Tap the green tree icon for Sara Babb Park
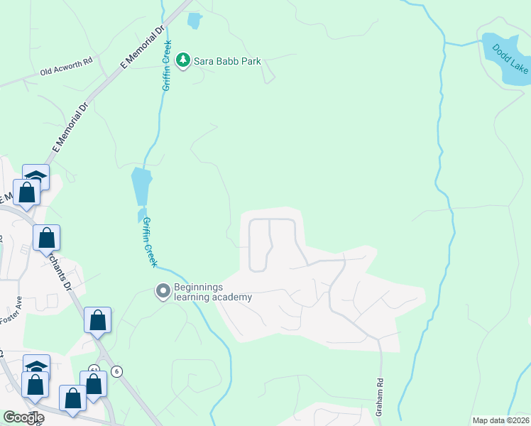tap(183, 60)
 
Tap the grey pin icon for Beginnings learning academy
tap(163, 291)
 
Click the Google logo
tap(23, 417)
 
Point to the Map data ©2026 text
tap(500, 420)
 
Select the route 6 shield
tap(117, 371)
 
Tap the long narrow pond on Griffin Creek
tap(141, 187)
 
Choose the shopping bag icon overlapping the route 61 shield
tap(94, 383)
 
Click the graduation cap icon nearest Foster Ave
tap(36, 366)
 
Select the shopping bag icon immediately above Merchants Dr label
tap(47, 239)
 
